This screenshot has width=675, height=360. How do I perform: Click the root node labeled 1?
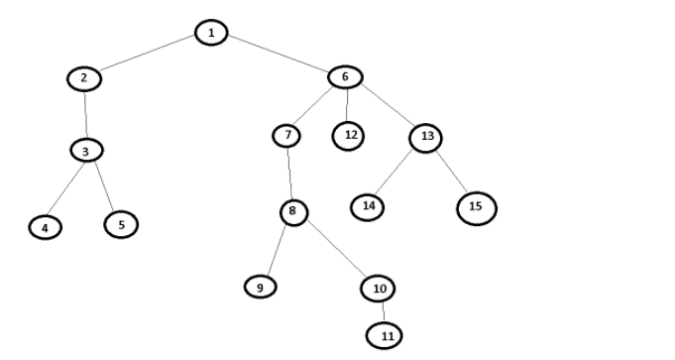point(210,34)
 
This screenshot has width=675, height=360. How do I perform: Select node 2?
point(84,78)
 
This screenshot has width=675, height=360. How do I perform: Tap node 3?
point(87,151)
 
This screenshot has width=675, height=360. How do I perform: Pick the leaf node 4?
point(45,227)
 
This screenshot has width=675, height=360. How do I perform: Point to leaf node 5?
point(121,224)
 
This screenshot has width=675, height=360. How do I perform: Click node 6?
point(345,77)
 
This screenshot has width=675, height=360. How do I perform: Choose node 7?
point(286,135)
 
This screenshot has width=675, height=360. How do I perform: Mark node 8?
point(292,211)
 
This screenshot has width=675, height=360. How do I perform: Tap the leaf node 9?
point(260,286)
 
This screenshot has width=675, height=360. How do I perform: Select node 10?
point(378,288)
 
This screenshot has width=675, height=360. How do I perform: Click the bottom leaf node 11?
point(387,335)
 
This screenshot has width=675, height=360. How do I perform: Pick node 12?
point(348,136)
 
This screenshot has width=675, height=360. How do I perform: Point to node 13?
point(426,137)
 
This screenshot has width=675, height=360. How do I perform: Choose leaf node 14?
point(368,207)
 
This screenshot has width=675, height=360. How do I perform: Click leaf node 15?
point(476,206)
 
